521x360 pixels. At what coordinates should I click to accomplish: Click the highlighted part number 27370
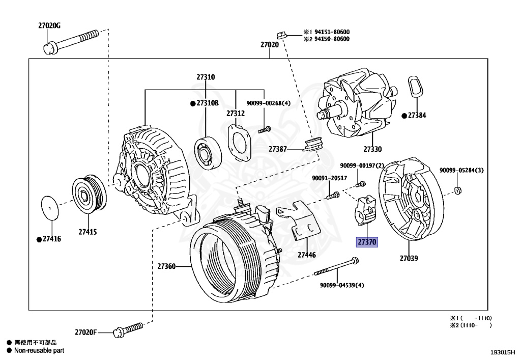[366, 242]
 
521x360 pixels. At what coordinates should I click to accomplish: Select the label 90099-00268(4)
[268, 103]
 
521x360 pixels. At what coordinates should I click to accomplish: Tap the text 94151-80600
[330, 32]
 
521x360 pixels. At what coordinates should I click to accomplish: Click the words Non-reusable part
[39, 350]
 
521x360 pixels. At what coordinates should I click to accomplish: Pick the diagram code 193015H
[503, 352]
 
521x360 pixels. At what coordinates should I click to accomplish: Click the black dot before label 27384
[404, 116]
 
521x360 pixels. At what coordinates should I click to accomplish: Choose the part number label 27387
[278, 149]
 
